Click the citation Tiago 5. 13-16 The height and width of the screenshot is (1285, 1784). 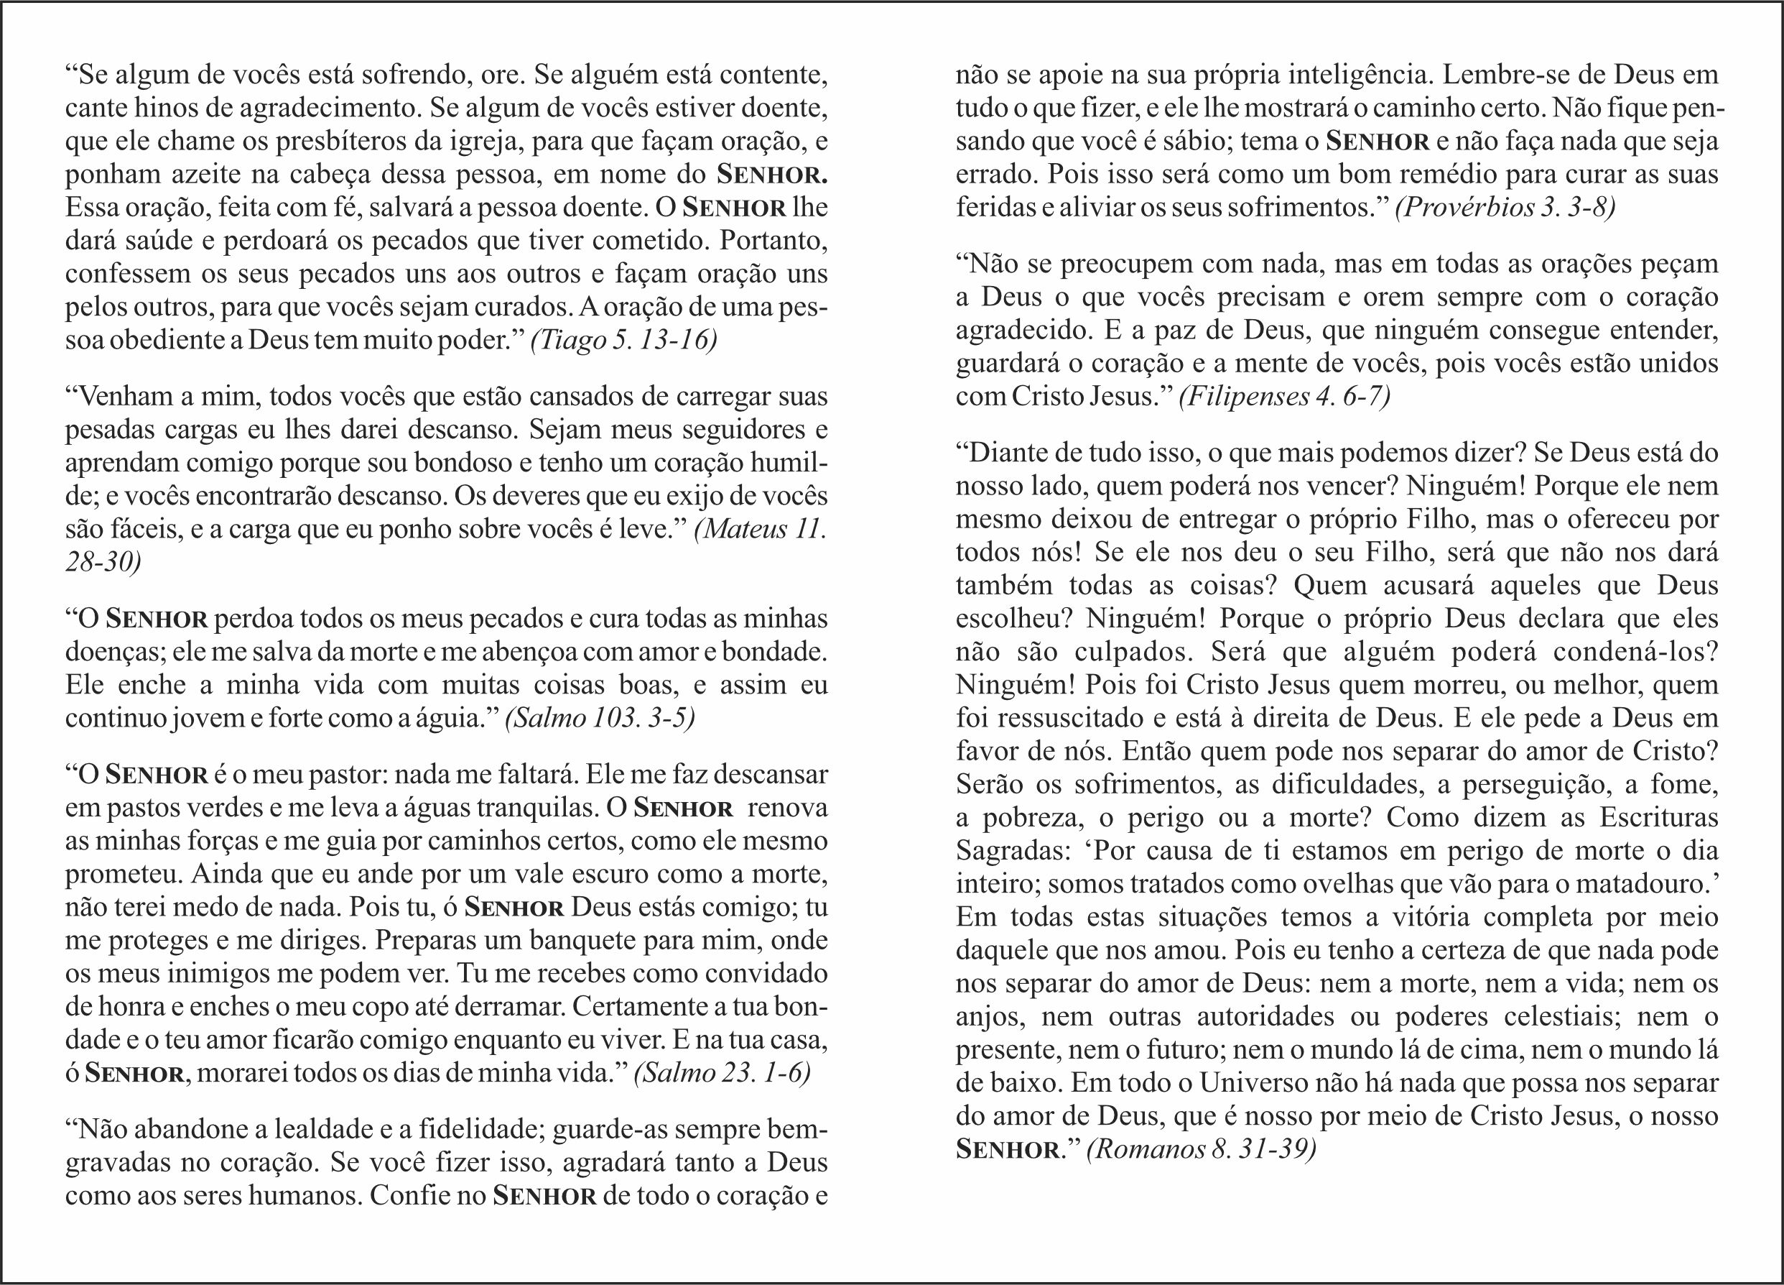click(x=624, y=341)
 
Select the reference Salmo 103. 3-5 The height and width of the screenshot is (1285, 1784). click(x=600, y=719)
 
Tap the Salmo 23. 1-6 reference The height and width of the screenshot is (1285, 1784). click(x=722, y=1073)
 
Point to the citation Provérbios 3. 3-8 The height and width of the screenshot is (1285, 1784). click(x=1505, y=208)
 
